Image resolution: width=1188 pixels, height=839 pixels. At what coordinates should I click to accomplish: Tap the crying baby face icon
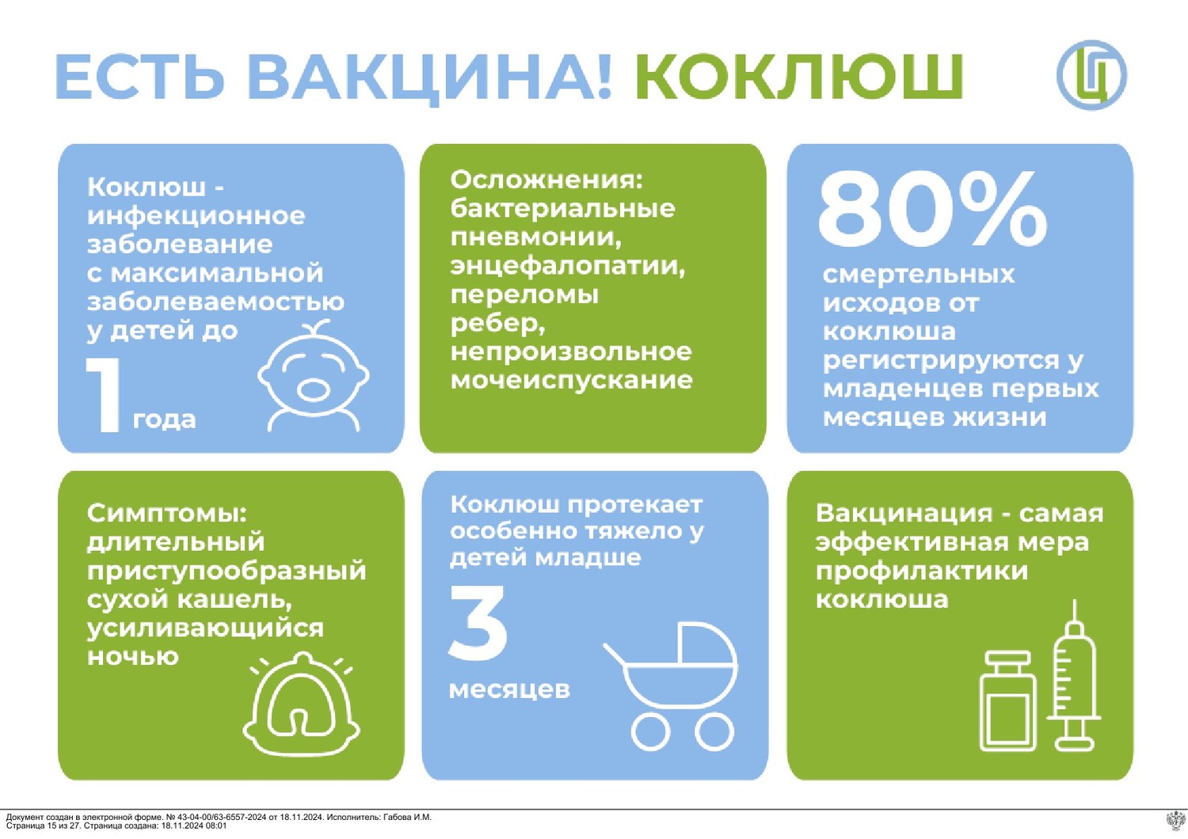[314, 375]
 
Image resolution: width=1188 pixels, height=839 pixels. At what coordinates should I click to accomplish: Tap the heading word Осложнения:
[546, 180]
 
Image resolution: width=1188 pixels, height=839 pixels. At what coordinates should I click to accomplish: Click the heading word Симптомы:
[167, 513]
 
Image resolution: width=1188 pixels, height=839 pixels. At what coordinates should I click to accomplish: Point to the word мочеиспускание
[571, 381]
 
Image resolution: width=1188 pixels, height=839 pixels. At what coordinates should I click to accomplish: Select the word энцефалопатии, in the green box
[568, 267]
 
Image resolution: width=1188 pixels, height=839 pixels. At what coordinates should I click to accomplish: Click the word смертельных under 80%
[919, 275]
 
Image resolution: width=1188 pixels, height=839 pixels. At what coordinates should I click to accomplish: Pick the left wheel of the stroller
[651, 731]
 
